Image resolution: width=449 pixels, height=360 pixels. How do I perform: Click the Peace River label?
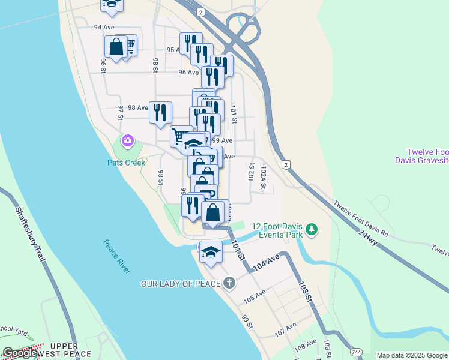tap(116, 257)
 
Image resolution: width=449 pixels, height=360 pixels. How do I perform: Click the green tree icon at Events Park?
tap(311, 229)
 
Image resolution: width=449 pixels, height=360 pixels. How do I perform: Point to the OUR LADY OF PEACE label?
tap(180, 283)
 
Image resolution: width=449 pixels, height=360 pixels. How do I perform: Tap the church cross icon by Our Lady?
tap(229, 283)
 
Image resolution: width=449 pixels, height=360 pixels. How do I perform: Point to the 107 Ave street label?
tap(286, 329)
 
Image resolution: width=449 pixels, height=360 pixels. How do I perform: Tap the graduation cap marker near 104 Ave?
tap(211, 252)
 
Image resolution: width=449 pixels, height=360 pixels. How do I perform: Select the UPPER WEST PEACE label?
tap(71, 350)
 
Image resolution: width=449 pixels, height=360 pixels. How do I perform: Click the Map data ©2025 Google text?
tap(412, 355)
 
